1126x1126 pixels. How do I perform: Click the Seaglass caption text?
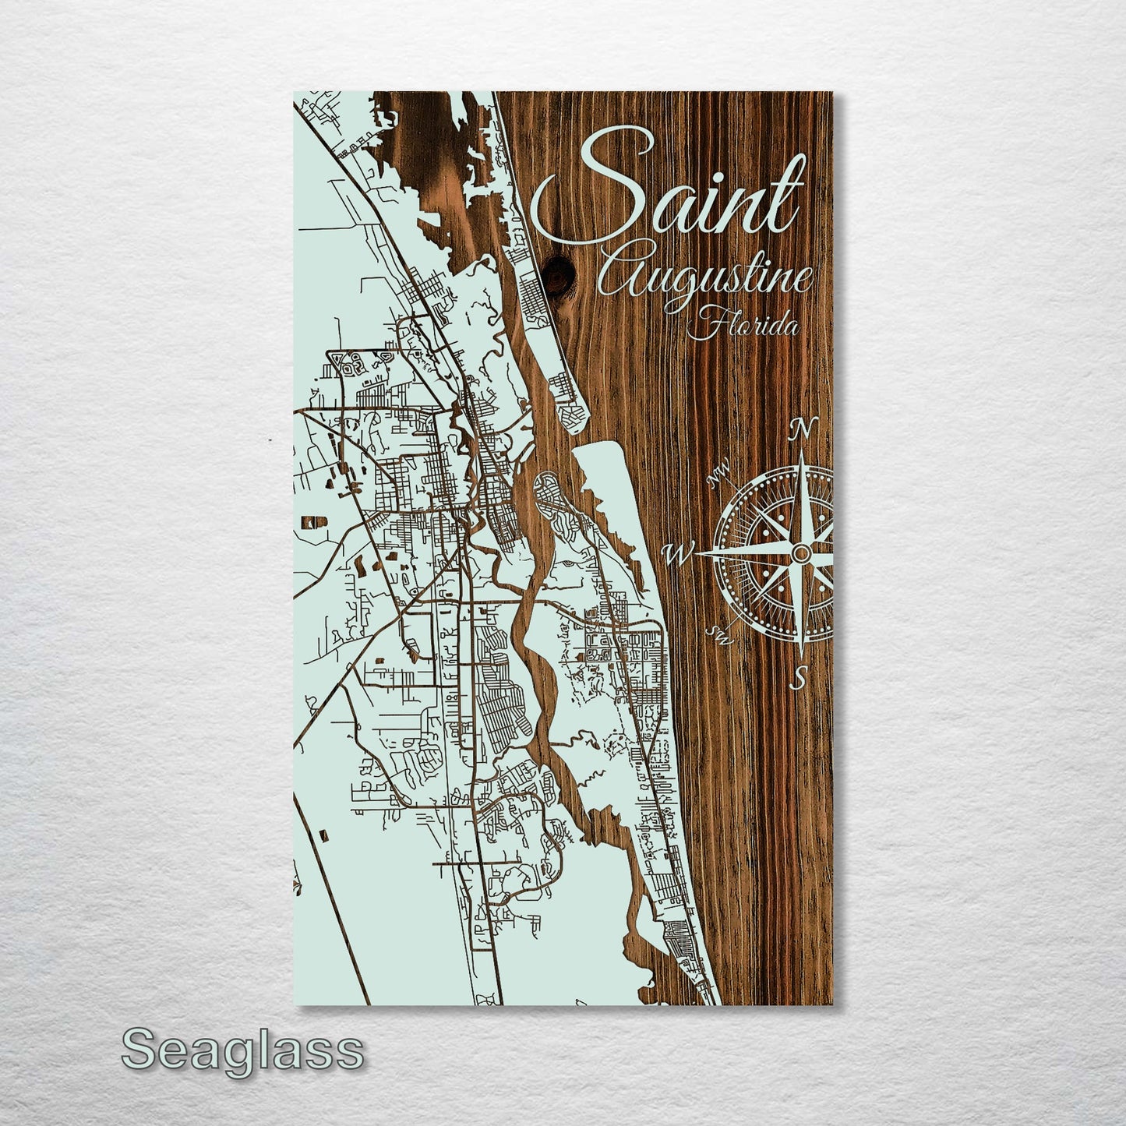[242, 1050]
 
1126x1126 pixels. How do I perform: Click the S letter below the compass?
[799, 676]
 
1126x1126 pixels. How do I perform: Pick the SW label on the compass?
[721, 635]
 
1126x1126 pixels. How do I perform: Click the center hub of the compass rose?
[801, 552]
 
